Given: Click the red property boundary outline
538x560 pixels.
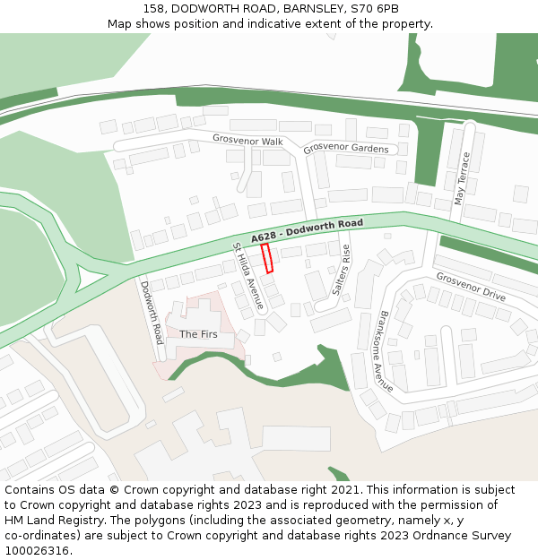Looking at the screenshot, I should pos(266,258).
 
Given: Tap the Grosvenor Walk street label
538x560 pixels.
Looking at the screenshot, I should pos(247,140).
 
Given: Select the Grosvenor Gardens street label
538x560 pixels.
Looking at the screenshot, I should pos(346,148).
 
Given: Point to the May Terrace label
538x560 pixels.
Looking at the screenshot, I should pos(463,178).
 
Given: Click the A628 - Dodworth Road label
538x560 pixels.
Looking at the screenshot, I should pos(307,230).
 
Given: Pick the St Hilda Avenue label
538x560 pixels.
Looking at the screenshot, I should pos(248,276).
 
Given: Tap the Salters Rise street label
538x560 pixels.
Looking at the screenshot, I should pos(341,270).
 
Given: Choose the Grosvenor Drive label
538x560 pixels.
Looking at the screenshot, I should pos(472,288).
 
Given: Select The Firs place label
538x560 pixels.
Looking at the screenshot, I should pos(198,334).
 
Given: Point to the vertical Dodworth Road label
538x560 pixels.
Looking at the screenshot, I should pos(152,311).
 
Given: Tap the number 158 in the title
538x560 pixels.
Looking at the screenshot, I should pos(153,9).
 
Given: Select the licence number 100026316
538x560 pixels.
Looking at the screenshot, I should pos(37,551).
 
